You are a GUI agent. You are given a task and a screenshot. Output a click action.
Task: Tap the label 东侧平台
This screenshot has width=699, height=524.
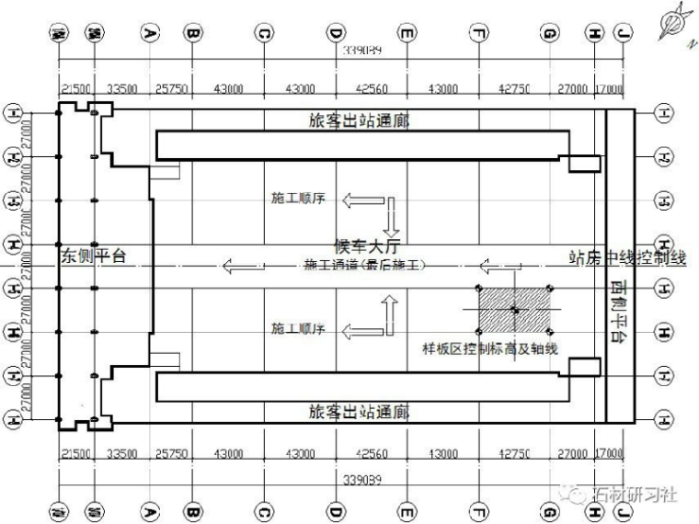click(x=93, y=256)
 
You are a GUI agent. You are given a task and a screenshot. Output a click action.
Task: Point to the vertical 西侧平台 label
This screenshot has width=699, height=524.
click(x=616, y=313)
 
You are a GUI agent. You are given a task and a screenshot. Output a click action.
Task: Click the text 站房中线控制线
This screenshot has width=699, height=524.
click(x=628, y=258)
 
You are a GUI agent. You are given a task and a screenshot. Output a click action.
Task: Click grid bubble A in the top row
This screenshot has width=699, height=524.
click(x=150, y=34)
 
